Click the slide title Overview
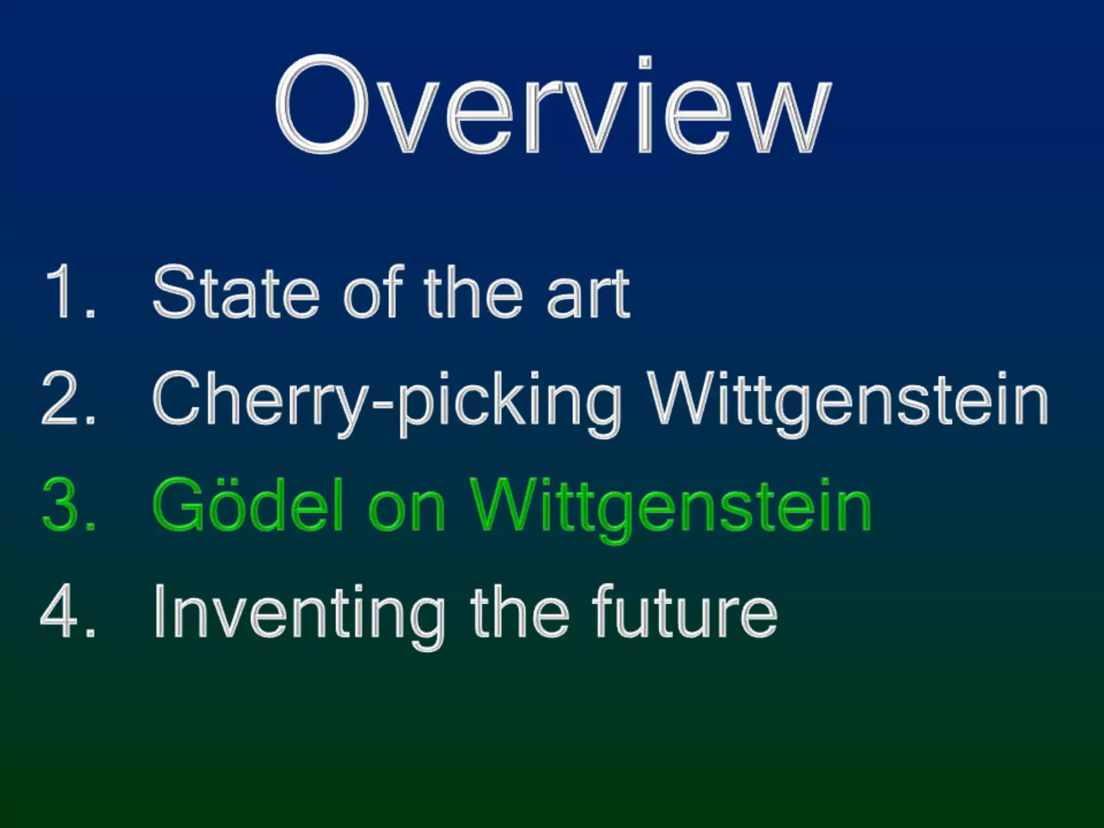click(x=553, y=105)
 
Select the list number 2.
click(x=68, y=399)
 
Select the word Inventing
click(x=300, y=615)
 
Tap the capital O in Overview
click(x=322, y=105)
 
